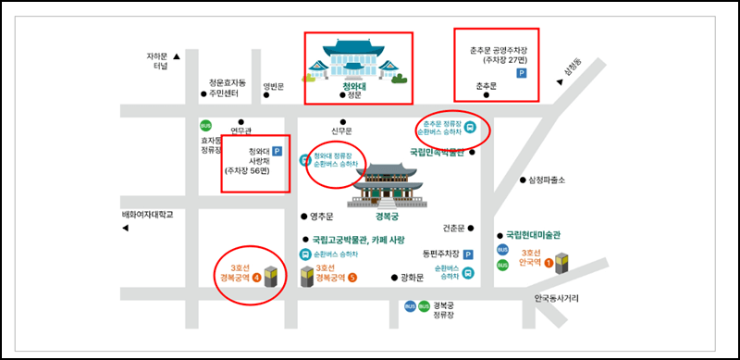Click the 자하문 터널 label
(161, 60)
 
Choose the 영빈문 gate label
(274, 87)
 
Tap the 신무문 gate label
(342, 130)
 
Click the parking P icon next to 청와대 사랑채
(276, 152)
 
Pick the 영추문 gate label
(322, 217)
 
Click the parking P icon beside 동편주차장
(468, 254)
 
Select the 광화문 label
(413, 277)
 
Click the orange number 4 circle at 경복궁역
(256, 276)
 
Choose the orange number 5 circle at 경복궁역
(352, 277)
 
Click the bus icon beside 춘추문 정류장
(470, 129)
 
